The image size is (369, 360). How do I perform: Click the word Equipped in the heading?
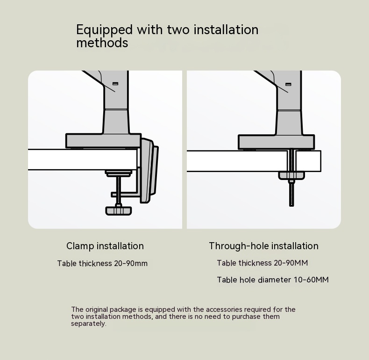[x=105, y=30]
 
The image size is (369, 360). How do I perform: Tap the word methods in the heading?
[x=102, y=43]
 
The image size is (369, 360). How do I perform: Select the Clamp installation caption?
[x=105, y=246]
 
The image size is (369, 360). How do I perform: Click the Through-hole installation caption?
[x=263, y=246]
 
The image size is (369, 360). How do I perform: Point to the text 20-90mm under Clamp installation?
[x=131, y=263]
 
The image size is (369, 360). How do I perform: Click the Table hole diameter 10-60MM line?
[x=273, y=280]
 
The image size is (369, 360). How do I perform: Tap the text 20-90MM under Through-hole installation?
[x=291, y=263]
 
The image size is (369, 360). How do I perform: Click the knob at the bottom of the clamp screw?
[x=118, y=210]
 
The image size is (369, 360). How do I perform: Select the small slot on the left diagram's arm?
[x=115, y=84]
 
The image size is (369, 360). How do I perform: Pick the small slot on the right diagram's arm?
[x=288, y=84]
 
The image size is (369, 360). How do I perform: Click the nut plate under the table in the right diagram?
[x=291, y=175]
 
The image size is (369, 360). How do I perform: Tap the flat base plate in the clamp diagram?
[x=104, y=141]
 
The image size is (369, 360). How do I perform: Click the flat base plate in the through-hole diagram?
[x=276, y=142]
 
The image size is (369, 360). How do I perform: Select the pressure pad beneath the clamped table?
[x=118, y=174]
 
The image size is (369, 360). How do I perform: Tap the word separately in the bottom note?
[x=88, y=324]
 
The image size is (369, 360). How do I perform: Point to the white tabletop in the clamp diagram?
[x=82, y=159]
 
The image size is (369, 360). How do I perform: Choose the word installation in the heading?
[x=226, y=30]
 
